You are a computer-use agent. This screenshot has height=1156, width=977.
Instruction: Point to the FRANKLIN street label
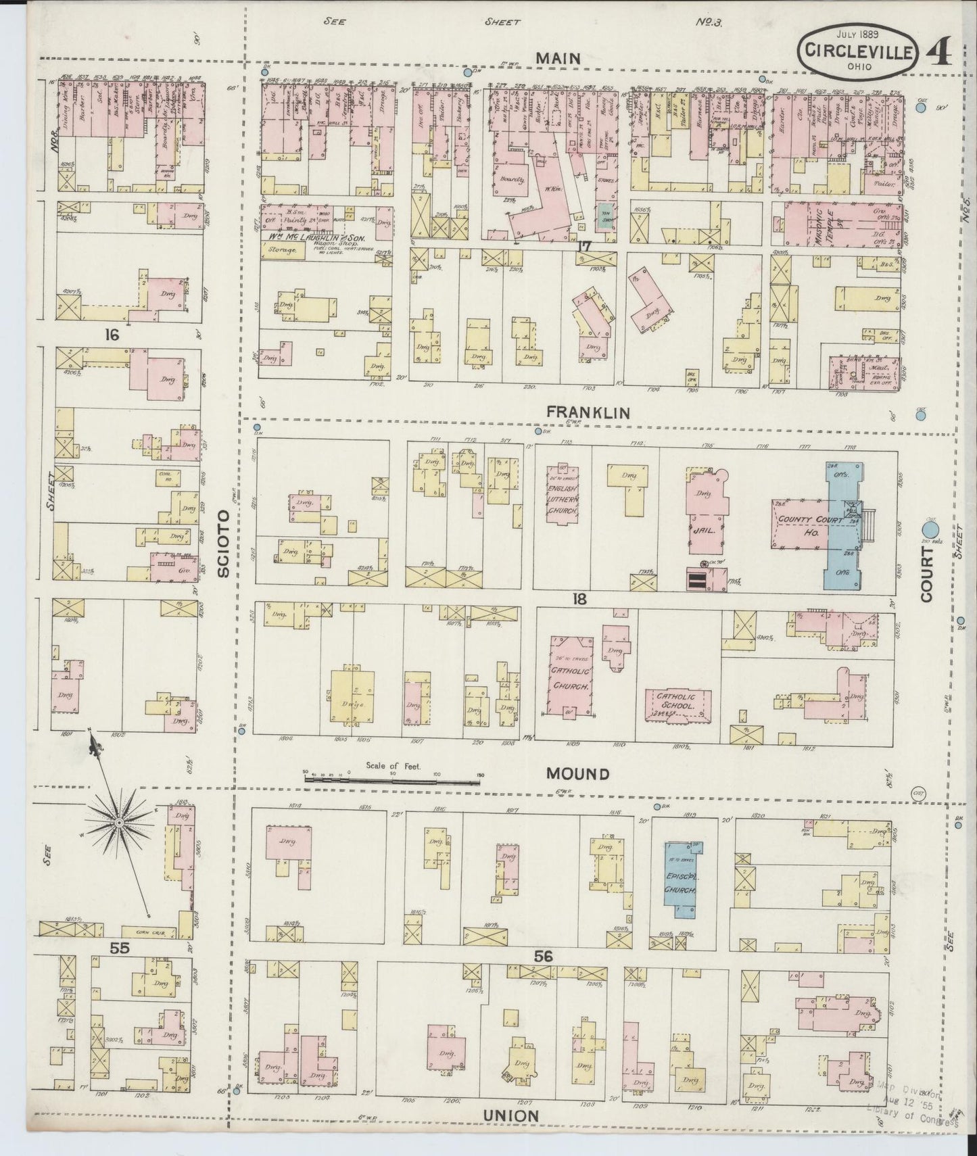tap(588, 412)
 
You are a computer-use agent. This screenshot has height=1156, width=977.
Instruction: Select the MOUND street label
tap(577, 773)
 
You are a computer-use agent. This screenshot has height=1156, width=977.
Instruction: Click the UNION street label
tap(510, 1115)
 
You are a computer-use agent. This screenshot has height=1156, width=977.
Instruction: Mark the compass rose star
tap(118, 822)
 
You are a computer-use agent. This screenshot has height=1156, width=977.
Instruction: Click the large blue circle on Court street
tap(930, 529)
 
